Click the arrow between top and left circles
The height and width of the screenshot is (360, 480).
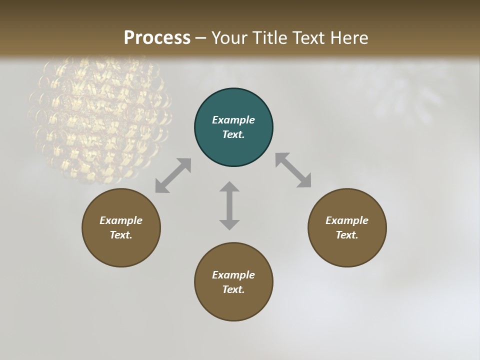[x=173, y=175]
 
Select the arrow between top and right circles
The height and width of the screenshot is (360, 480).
[x=293, y=170]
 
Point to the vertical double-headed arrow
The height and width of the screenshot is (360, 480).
[x=229, y=205]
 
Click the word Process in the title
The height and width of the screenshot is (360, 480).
[x=157, y=37]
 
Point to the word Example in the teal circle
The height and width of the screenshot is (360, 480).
[x=233, y=120]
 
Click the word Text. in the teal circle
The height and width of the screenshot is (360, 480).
[x=233, y=134]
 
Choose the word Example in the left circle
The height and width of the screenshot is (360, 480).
[x=121, y=220]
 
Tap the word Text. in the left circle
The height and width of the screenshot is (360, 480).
[x=121, y=235]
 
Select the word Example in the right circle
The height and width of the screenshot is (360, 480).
[x=347, y=220]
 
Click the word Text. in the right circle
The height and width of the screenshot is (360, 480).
[x=347, y=235]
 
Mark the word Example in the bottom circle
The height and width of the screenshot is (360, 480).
[x=233, y=275]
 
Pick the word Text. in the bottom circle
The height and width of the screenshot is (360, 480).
[x=233, y=289]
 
